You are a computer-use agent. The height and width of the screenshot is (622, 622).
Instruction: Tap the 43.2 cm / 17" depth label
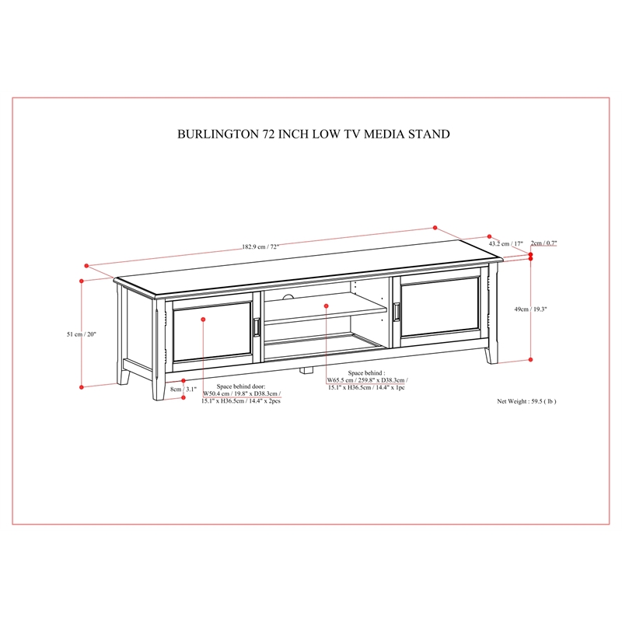coord(505,243)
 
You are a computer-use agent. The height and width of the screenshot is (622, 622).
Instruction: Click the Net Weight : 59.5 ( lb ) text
coord(526,402)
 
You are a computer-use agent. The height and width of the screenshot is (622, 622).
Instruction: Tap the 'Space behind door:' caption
coord(241,386)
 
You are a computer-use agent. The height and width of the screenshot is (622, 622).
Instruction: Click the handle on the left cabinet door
coord(256,328)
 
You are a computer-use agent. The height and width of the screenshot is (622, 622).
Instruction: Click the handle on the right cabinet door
coord(397,310)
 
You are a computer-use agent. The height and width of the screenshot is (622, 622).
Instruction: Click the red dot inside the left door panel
coord(203,320)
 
